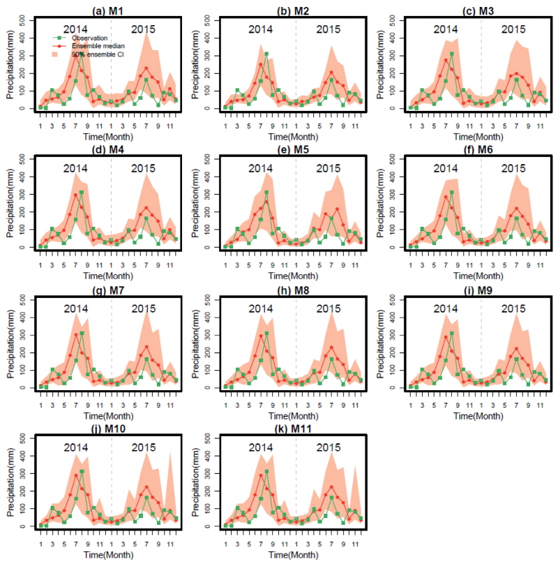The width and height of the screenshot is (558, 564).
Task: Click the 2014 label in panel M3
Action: coord(446,29)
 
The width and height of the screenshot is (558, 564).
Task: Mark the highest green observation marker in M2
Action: coord(266,54)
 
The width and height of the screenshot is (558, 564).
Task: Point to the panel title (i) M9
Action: coord(478,288)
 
